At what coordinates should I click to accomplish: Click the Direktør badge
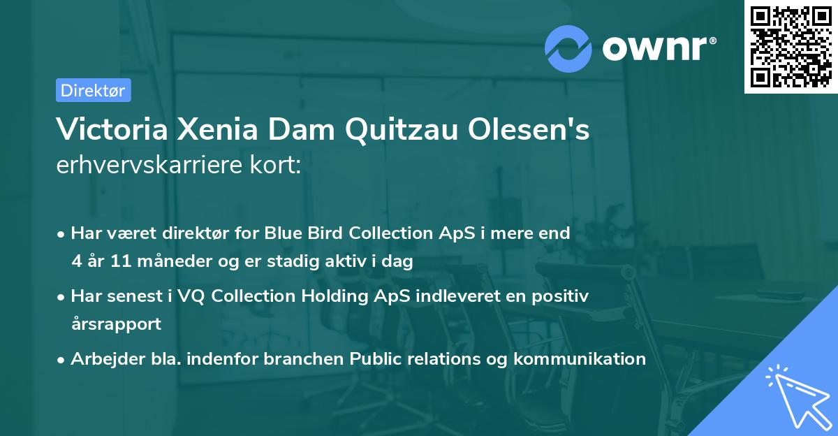coord(93,90)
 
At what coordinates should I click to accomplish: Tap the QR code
coord(791,46)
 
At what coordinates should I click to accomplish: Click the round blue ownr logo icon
coord(569,48)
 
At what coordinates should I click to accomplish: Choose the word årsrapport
coord(116,324)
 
